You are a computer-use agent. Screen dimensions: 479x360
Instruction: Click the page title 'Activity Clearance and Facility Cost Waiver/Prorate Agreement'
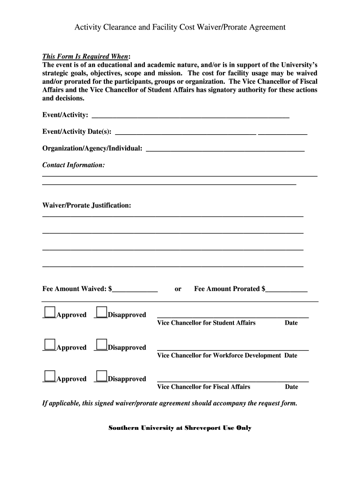180,27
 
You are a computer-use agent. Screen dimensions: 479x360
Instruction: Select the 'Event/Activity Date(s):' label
77,132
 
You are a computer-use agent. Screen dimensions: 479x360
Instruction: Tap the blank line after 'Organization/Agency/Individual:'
225,149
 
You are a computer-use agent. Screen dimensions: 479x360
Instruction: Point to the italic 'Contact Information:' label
74,165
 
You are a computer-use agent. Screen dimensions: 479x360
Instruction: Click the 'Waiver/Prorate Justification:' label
87,205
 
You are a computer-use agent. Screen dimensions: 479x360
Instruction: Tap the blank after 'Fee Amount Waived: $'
135,290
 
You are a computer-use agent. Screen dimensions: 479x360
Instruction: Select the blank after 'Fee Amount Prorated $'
287,290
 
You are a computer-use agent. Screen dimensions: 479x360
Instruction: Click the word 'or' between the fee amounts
178,289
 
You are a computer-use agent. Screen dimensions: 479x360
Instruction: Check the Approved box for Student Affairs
50,312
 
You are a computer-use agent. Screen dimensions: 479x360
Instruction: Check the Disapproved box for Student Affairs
101,312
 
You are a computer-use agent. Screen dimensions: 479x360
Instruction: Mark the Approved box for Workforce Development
50,345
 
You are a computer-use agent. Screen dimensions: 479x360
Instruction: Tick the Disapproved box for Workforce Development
101,345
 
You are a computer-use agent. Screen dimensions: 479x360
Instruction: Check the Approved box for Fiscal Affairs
50,376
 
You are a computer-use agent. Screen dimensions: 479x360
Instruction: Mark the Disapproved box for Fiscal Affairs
101,376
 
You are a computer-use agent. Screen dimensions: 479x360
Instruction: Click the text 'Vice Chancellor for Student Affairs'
206,323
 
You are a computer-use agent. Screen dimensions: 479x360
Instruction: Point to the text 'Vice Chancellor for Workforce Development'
219,356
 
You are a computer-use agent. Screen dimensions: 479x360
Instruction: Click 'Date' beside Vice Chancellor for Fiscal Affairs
291,387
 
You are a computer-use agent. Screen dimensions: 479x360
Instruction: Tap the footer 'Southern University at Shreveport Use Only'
180,428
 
